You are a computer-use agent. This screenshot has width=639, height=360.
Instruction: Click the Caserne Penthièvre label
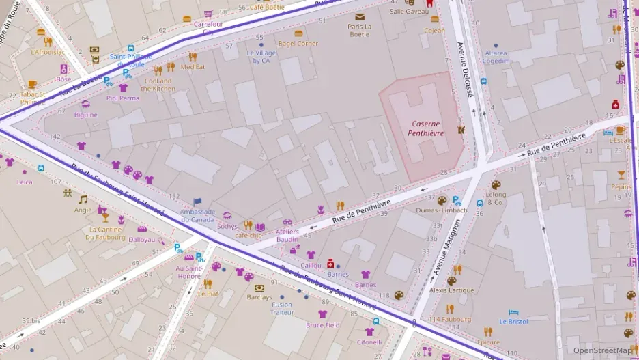point(426,128)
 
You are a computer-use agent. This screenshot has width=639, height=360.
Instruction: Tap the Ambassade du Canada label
point(197,215)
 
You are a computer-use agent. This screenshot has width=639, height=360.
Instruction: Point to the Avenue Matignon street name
point(444,245)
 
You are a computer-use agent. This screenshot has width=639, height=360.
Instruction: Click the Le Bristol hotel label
point(513,321)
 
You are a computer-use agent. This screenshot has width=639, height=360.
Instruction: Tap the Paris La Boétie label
point(359,30)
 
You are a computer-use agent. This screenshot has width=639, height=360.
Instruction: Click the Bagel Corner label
point(298,44)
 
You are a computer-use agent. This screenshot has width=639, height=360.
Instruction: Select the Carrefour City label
point(208,27)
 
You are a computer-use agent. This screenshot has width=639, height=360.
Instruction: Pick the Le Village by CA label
point(262,57)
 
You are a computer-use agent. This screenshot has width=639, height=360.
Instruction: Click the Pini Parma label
point(123,98)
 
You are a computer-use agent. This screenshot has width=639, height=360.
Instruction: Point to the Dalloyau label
point(142,240)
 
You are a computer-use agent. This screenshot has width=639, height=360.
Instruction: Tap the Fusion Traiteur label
point(281,309)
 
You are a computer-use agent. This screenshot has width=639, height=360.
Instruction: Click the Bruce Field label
point(323,325)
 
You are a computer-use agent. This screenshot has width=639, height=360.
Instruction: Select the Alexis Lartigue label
point(451,290)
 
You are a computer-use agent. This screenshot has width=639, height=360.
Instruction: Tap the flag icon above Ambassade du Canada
point(198,202)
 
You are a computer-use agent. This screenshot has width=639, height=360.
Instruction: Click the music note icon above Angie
point(83,199)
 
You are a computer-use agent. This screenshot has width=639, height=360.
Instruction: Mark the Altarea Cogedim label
point(496,57)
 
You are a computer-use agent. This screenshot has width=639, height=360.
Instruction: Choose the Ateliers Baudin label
point(287,235)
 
